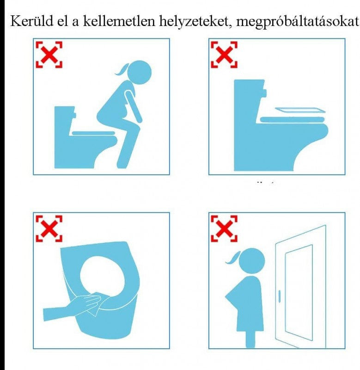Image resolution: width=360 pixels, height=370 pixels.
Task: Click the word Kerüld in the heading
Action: point(32,21)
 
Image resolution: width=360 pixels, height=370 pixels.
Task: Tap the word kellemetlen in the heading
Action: point(119,21)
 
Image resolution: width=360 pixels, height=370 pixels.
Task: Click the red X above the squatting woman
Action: point(49,55)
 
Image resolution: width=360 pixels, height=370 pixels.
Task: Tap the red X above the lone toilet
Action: point(224,55)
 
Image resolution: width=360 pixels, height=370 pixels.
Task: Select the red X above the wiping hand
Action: point(49,228)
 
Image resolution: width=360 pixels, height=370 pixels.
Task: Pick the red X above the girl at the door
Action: point(224,228)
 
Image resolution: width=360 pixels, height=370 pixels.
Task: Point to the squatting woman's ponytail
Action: point(122,70)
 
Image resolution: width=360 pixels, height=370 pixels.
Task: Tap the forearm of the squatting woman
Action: point(134,107)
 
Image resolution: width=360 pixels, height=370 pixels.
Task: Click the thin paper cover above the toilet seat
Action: point(300,110)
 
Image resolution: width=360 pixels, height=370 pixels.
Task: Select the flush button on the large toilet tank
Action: point(264,93)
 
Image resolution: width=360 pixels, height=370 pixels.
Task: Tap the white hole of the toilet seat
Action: point(102,275)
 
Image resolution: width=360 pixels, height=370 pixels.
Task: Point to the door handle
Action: point(280,296)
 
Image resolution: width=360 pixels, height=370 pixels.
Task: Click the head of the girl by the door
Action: point(252,261)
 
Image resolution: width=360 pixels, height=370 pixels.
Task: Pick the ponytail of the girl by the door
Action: point(233,258)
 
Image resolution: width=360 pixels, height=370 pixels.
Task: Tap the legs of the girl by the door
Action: point(250,339)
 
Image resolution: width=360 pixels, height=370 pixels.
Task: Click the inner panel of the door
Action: point(299,293)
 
